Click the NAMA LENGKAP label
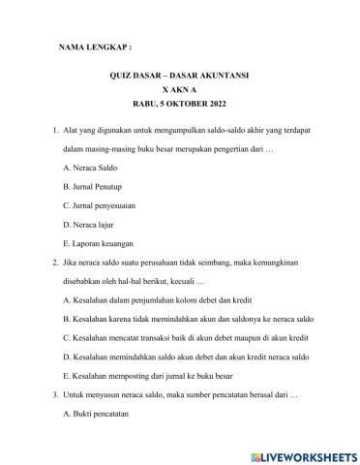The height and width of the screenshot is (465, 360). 95,46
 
